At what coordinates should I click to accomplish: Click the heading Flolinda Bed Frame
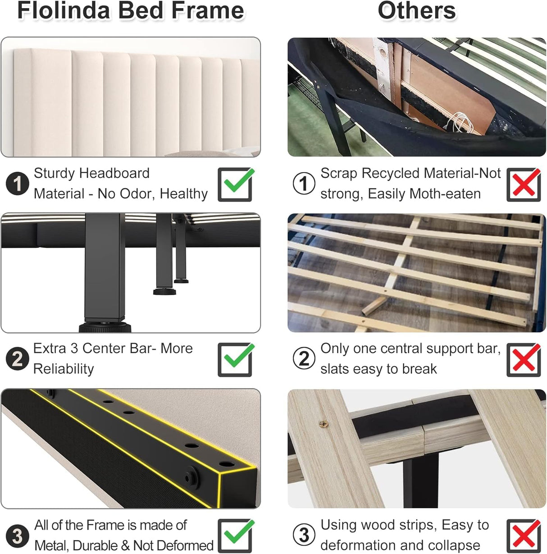[131, 11]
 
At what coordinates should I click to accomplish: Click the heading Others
[416, 11]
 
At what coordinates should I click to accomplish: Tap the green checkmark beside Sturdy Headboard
[236, 184]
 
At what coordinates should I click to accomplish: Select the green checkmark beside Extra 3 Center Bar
[236, 359]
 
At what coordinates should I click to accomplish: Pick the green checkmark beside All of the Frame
[236, 536]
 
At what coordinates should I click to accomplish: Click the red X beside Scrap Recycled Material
[523, 184]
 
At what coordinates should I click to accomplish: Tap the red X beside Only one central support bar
[523, 360]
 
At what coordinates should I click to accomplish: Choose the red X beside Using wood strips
[523, 536]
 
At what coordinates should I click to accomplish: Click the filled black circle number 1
[17, 184]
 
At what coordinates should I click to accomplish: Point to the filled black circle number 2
[17, 359]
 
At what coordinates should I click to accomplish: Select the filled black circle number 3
[17, 536]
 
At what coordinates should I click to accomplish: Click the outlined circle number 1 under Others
[304, 184]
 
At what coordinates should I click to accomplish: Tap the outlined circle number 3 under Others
[304, 536]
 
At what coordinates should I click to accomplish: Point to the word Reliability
[64, 369]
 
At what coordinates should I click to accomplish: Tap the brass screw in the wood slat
[323, 423]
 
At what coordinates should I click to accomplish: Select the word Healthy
[184, 194]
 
